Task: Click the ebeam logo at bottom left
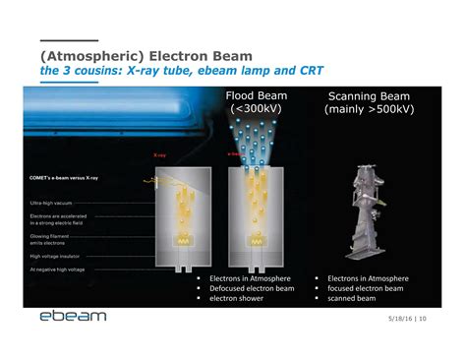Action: pos(72,317)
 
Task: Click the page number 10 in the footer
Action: pos(436,317)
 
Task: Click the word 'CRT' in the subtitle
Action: pos(310,73)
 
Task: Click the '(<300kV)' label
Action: pos(259,110)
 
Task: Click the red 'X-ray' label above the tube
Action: pos(160,155)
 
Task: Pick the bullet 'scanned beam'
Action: pos(352,298)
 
